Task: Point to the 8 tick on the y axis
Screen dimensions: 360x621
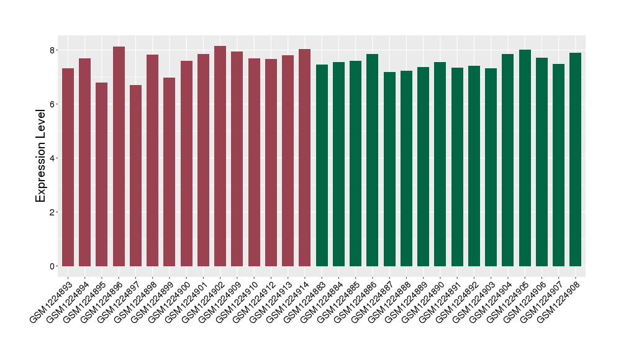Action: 53,50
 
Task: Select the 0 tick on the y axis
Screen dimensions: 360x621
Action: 53,266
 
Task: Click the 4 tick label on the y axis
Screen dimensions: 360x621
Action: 53,158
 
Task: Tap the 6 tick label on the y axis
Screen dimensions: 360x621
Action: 53,104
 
